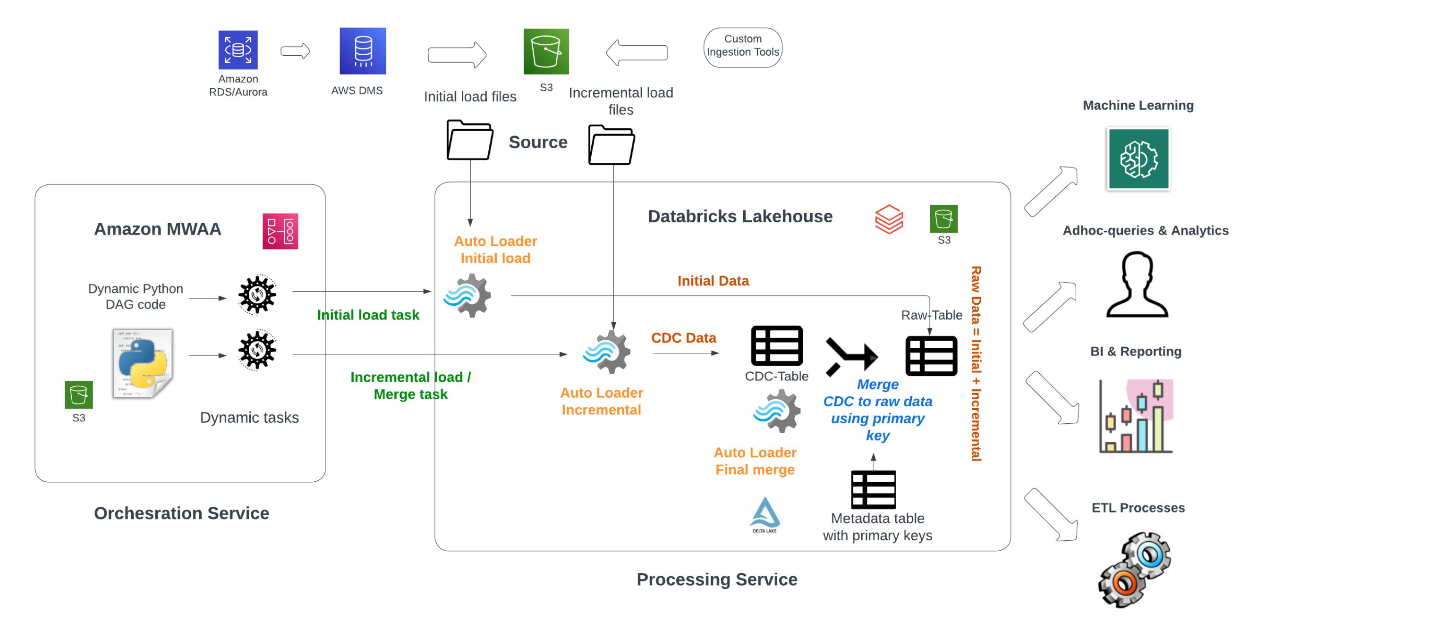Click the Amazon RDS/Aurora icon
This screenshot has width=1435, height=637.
pyautogui.click(x=238, y=50)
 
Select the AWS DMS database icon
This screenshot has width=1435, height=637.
pyautogui.click(x=363, y=51)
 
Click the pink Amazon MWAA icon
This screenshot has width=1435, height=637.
pyautogui.click(x=280, y=231)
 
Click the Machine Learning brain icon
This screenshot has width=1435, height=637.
pyautogui.click(x=1138, y=159)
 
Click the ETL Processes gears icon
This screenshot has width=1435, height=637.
pyautogui.click(x=1135, y=569)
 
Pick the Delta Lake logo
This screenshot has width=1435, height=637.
pyautogui.click(x=765, y=514)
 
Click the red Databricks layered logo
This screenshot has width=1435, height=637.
pyautogui.click(x=889, y=219)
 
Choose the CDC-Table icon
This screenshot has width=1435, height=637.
pyautogui.click(x=777, y=346)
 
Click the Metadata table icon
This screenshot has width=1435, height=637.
pyautogui.click(x=873, y=489)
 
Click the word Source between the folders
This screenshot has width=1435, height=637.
pyautogui.click(x=537, y=142)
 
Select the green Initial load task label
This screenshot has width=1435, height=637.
pyautogui.click(x=368, y=315)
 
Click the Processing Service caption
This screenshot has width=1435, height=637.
pyautogui.click(x=716, y=579)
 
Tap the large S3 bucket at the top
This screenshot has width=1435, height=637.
pyautogui.click(x=546, y=52)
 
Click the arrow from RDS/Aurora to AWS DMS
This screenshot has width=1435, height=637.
pyautogui.click(x=295, y=51)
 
